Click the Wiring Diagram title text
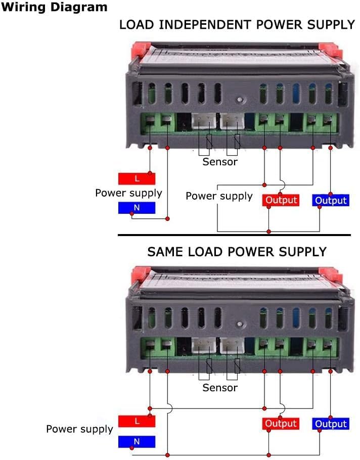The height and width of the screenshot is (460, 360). point(54,7)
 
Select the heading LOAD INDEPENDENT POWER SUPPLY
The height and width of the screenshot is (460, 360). point(237,25)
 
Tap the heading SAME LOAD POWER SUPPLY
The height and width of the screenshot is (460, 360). point(237,251)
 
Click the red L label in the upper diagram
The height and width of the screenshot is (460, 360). point(137,178)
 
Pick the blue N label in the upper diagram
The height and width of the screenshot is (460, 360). point(137,207)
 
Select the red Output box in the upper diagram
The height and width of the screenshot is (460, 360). point(281,200)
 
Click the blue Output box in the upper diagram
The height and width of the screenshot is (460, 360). point(331,200)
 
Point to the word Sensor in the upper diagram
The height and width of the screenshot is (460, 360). point(220,162)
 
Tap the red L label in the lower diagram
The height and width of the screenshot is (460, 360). point(137,421)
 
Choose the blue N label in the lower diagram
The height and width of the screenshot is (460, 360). point(137,442)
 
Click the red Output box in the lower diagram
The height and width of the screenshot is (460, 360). point(281,424)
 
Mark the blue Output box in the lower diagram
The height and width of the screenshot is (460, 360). point(331,424)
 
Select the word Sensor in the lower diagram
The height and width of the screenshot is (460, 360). point(220,388)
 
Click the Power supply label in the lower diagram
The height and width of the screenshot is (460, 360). point(79,429)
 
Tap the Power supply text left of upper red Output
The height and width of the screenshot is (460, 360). point(219,196)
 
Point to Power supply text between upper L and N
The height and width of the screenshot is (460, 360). point(128,193)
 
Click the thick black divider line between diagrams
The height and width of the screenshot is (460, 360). point(234,235)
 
